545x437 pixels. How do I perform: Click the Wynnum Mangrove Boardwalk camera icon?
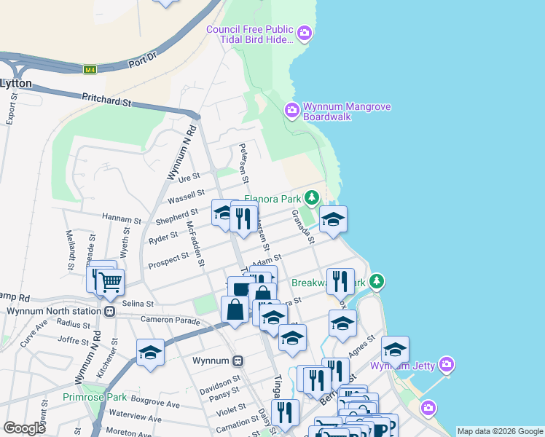tap(292, 110)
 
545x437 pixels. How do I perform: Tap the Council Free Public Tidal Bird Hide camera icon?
tap(305, 32)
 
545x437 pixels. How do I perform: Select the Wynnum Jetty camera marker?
tap(447, 363)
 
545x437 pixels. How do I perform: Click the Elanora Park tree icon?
tap(312, 197)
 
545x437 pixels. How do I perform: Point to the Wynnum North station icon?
tap(109, 311)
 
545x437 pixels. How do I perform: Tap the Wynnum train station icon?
tap(238, 361)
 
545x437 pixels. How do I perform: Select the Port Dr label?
tap(142, 58)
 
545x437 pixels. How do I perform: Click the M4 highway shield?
tap(90, 70)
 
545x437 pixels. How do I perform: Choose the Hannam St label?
tap(122, 219)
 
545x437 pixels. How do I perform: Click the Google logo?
tap(24, 428)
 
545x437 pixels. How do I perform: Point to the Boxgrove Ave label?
tap(155, 403)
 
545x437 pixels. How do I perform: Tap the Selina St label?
tap(138, 303)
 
